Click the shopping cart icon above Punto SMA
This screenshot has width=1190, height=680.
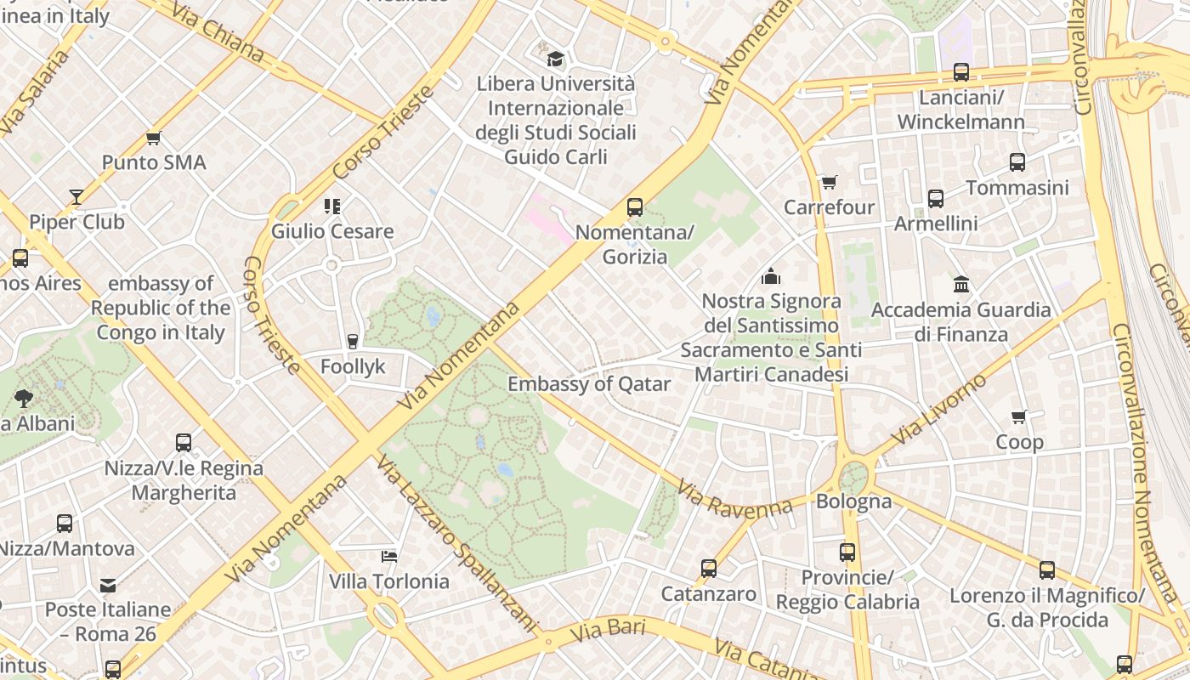pyautogui.click(x=154, y=138)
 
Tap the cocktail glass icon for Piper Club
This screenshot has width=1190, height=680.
pyautogui.click(x=76, y=197)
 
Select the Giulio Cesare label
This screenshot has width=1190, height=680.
pyautogui.click(x=332, y=231)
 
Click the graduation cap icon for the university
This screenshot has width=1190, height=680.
pyautogui.click(x=556, y=59)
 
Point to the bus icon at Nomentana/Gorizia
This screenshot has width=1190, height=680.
pyautogui.click(x=635, y=207)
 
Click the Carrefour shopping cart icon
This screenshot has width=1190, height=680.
pyautogui.click(x=829, y=182)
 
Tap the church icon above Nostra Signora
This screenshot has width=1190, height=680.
pyautogui.click(x=771, y=276)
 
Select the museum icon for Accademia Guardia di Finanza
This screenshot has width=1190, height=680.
pyautogui.click(x=961, y=284)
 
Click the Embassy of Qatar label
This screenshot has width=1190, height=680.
pyautogui.click(x=589, y=384)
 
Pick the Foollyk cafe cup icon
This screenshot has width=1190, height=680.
pyautogui.click(x=353, y=341)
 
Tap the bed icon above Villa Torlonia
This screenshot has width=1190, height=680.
pyautogui.click(x=389, y=557)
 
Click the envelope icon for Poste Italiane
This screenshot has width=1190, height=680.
pyautogui.click(x=108, y=585)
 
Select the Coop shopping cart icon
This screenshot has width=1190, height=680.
pyautogui.click(x=1019, y=416)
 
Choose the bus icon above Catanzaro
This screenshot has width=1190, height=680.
pyautogui.click(x=709, y=569)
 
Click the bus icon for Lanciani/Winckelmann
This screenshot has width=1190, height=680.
pyautogui.click(x=961, y=72)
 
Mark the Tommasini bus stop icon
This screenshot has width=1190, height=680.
pyautogui.click(x=1017, y=162)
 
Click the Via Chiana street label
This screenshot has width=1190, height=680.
pyautogui.click(x=218, y=32)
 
